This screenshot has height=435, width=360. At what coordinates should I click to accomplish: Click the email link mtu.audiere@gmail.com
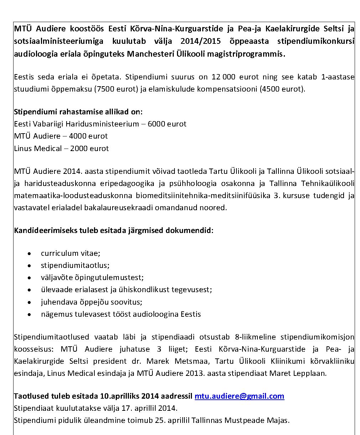click(x=239, y=396)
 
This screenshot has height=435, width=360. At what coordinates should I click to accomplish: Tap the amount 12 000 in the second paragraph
click(x=223, y=77)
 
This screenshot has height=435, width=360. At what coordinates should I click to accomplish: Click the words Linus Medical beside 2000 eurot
click(x=38, y=148)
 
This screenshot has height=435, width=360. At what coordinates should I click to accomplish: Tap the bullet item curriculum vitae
click(x=71, y=253)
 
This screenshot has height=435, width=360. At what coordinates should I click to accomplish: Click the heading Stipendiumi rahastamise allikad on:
click(x=78, y=112)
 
